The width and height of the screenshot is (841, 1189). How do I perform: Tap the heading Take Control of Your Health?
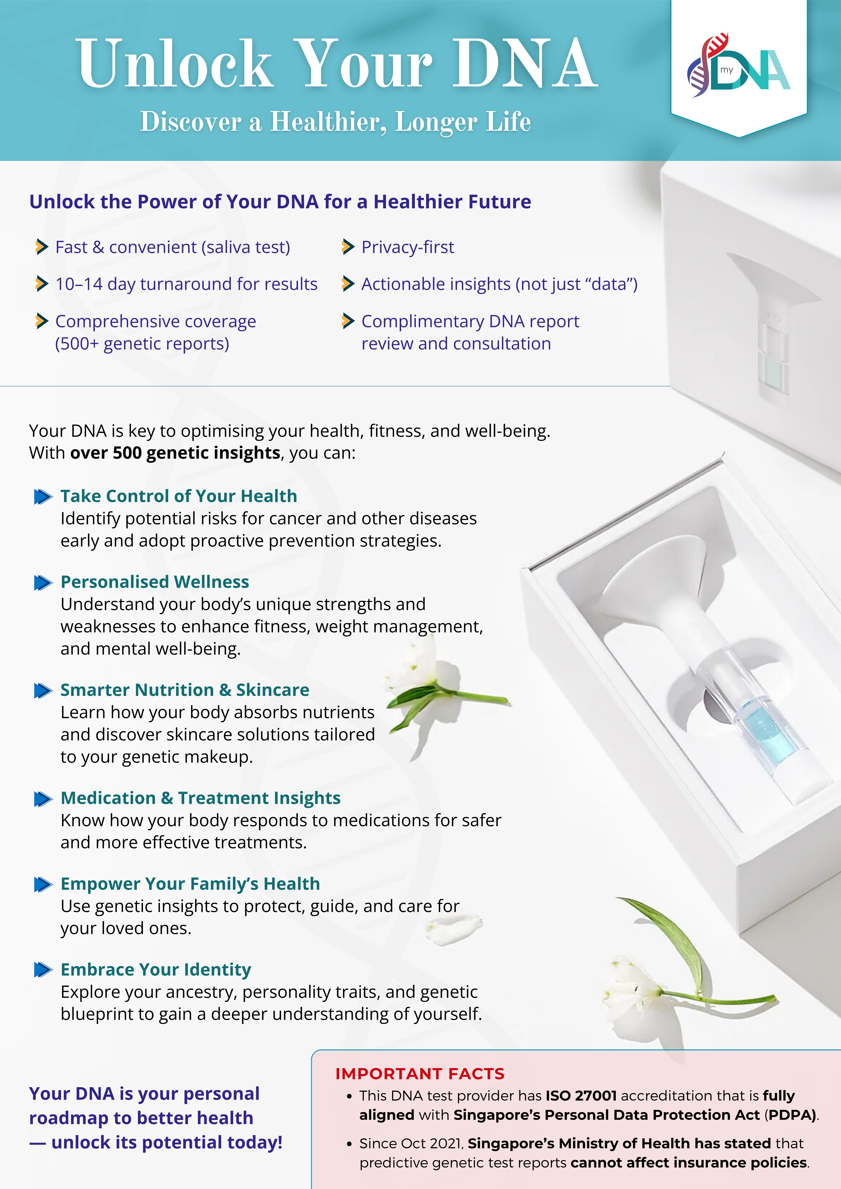(x=179, y=496)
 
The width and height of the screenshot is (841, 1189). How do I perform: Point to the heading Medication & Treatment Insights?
(x=201, y=798)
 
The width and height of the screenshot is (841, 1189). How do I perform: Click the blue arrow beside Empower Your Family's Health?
(x=43, y=884)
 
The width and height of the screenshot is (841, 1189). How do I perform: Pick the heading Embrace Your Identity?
(x=156, y=969)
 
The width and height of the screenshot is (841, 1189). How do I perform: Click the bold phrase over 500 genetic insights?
(x=175, y=453)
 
